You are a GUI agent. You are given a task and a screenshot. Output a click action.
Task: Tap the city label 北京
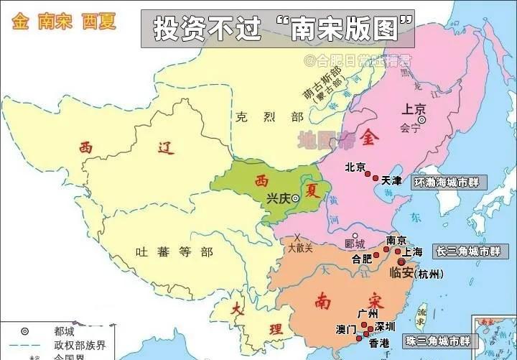point(355,167)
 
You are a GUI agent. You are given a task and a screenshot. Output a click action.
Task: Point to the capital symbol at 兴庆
point(295,199)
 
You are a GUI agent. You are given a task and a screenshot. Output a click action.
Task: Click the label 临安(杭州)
point(416,273)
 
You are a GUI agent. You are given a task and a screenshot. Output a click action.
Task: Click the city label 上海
point(412,252)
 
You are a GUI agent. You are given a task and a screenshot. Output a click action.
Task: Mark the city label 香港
point(378,344)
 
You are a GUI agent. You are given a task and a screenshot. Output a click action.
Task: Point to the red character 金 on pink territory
point(371,135)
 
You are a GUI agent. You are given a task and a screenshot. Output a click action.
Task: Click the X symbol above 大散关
point(297,237)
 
